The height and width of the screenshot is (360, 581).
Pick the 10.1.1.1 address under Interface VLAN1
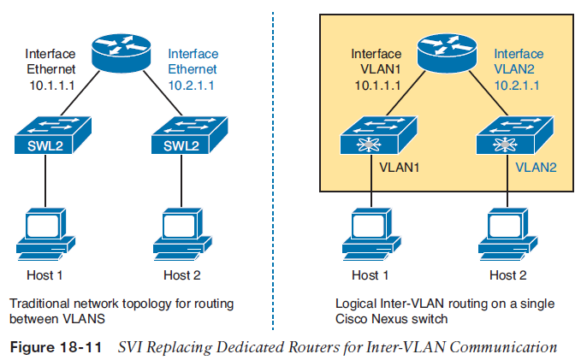(x=371, y=86)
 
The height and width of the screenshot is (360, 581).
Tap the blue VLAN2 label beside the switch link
(x=537, y=168)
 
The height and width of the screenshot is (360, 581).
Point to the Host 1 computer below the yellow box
(x=371, y=233)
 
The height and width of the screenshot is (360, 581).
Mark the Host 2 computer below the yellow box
(x=507, y=233)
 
